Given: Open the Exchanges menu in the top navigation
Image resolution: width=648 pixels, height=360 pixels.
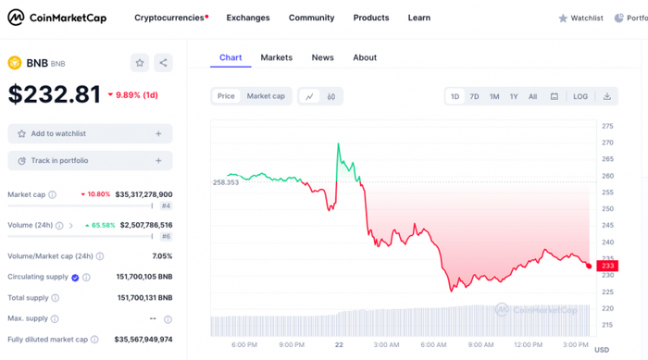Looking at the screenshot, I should click(248, 18).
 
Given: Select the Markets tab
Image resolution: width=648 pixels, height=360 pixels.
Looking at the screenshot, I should click(276, 57).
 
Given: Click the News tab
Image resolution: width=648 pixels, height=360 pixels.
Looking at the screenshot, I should click(322, 57).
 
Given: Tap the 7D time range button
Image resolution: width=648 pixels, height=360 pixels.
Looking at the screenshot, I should click(474, 96).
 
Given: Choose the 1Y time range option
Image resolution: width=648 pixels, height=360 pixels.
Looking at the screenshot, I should click(514, 96).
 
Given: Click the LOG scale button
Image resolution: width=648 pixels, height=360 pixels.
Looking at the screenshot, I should click(580, 96).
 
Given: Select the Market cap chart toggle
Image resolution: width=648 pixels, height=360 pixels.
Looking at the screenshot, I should click(266, 96).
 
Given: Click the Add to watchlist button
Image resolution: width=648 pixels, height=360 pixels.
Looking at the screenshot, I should click(90, 134).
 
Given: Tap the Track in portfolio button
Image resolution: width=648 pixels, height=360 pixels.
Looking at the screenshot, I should click(90, 161).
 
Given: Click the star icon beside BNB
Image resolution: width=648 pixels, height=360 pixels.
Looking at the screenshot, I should click(140, 63).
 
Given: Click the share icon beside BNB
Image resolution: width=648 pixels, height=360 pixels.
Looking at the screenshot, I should click(163, 63).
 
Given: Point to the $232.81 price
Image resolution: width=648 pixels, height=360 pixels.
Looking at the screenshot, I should click(55, 94).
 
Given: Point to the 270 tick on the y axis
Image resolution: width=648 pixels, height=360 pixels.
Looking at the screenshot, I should click(607, 143).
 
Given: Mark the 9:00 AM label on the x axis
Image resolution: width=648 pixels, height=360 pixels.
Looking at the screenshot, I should click(480, 344).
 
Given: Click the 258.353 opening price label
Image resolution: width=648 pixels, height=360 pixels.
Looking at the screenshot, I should click(226, 182).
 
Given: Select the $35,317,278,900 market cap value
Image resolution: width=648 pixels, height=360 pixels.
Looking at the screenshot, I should click(145, 194).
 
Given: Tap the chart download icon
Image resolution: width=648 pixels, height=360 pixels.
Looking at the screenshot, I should click(607, 96).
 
